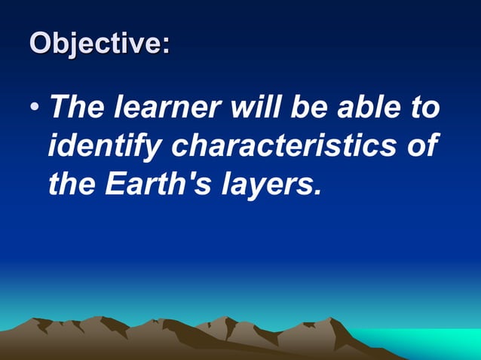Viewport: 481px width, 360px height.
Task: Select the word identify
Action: [104, 146]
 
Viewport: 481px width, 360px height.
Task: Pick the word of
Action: [421, 145]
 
